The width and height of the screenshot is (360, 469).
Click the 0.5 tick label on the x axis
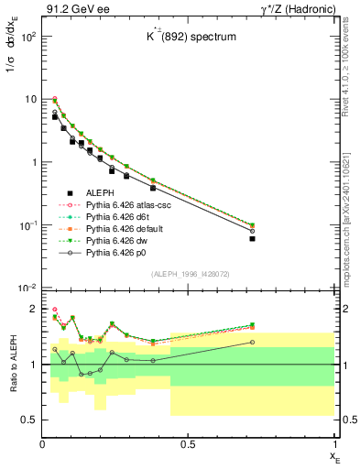[189, 444]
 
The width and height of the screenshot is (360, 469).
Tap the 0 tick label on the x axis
[43, 444]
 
